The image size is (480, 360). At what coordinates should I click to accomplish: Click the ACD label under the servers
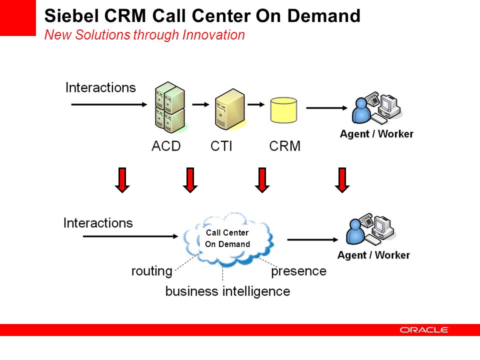click(166, 146)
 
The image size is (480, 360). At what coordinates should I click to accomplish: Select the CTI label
click(221, 146)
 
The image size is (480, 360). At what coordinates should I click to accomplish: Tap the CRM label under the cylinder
click(284, 146)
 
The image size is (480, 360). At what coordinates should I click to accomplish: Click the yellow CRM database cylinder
click(283, 110)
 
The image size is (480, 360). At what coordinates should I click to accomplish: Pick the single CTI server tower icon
click(230, 109)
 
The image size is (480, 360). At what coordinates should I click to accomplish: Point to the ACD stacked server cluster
click(170, 107)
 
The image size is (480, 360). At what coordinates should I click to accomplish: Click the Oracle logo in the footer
click(423, 329)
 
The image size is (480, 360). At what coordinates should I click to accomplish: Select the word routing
click(152, 271)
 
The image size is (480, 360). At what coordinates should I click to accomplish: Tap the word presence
click(299, 271)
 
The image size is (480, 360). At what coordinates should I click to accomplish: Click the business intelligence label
click(227, 291)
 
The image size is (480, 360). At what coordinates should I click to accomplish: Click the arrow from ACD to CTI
click(200, 104)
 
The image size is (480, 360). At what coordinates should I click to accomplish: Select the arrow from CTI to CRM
click(256, 104)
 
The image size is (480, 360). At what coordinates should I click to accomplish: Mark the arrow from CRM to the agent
click(327, 108)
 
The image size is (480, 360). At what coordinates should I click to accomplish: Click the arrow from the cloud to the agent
click(312, 239)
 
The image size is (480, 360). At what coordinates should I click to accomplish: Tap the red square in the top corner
click(18, 18)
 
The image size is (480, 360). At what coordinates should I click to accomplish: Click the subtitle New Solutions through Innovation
click(144, 35)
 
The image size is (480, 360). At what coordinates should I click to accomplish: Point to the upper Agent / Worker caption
click(376, 134)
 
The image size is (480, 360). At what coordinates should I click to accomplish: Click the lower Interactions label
click(98, 223)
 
